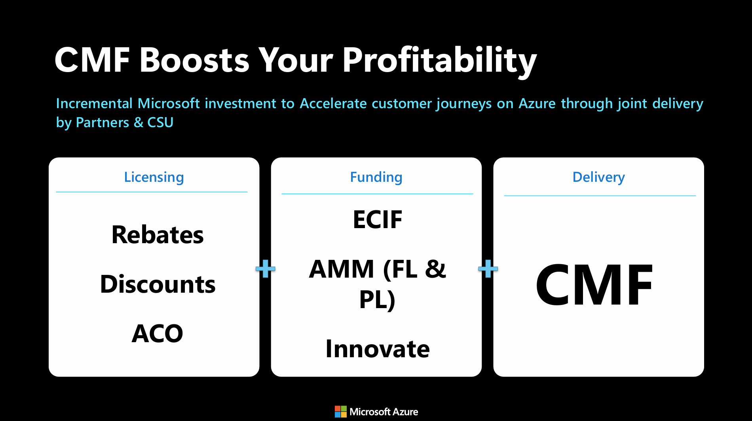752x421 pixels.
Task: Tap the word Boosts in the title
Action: point(194,60)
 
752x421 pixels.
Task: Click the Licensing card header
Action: point(154,177)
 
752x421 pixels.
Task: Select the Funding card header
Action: point(376,177)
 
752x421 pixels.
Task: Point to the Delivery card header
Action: point(598,177)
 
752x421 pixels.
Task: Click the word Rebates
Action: point(158,234)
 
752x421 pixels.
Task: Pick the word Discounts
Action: point(158,284)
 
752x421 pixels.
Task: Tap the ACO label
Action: point(158,333)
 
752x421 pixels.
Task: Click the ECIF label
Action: point(378,219)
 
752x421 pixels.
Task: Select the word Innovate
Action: point(378,349)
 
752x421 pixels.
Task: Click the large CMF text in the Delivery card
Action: point(594,285)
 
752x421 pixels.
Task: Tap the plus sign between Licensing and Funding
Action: point(265,269)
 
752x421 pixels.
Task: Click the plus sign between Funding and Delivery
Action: point(488,269)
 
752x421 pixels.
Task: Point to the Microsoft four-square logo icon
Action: point(340,411)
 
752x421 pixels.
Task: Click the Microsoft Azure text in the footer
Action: point(384,412)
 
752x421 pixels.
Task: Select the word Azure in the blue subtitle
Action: point(537,103)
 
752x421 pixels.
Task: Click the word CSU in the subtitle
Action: point(160,122)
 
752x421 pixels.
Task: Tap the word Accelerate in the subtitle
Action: point(333,103)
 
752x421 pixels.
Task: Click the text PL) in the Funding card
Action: point(377,300)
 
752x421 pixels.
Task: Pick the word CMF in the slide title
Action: point(92,60)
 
